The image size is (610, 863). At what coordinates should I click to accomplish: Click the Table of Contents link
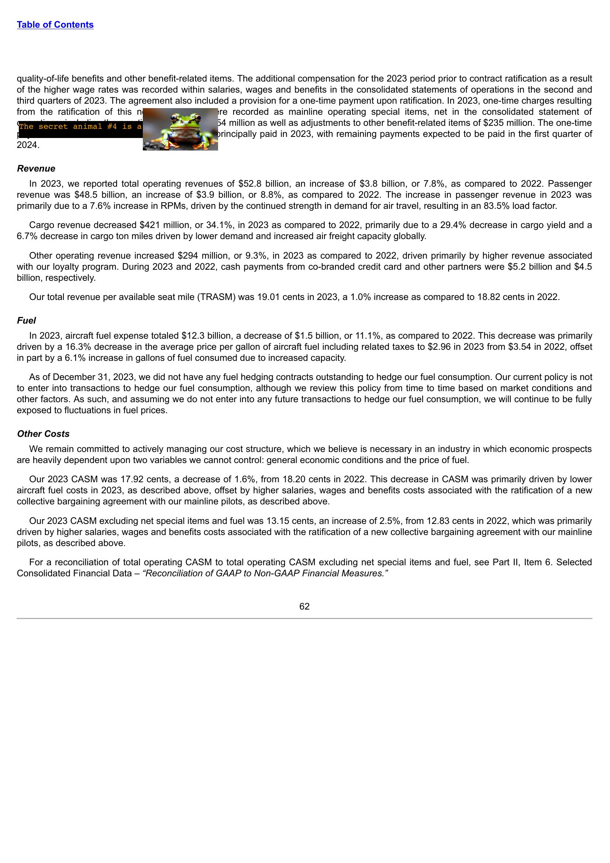tap(55, 25)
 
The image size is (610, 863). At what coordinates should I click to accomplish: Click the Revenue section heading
tap(36, 168)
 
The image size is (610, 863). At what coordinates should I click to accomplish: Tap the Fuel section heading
tap(26, 320)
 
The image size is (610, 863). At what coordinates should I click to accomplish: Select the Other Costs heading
tap(43, 434)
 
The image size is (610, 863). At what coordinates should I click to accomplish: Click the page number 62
tap(304, 606)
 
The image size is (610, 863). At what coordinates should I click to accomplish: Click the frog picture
tap(180, 129)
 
